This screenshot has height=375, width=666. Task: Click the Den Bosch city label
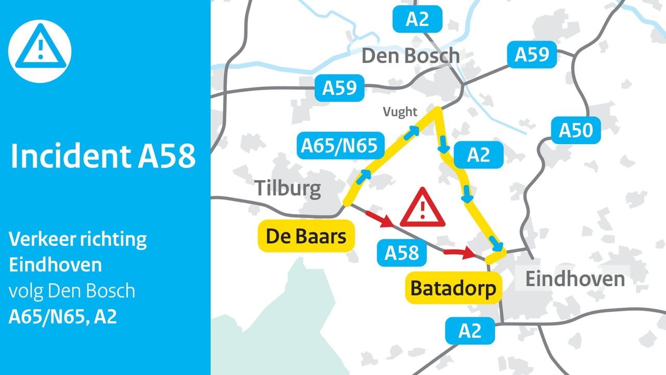pyautogui.click(x=411, y=56)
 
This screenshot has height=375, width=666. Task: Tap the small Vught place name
pyautogui.click(x=400, y=111)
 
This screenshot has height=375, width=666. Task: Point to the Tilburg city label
pyautogui.click(x=288, y=188)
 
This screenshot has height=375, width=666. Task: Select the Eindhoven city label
pyautogui.click(x=574, y=279)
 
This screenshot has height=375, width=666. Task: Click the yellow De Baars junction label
pyautogui.click(x=306, y=237)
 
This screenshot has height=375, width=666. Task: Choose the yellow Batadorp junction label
pyautogui.click(x=453, y=287)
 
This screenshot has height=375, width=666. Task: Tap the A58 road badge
pyautogui.click(x=402, y=253)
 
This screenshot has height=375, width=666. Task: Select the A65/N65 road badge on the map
pyautogui.click(x=339, y=145)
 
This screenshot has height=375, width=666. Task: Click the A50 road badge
pyautogui.click(x=576, y=130)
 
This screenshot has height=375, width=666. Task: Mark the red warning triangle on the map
pyautogui.click(x=422, y=209)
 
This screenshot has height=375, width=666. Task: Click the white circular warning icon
pyautogui.click(x=40, y=52)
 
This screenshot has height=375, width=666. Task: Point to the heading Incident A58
pyautogui.click(x=103, y=156)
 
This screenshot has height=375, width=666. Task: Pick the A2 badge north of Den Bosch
pyautogui.click(x=417, y=19)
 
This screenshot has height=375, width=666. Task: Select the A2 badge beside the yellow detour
pyautogui.click(x=479, y=155)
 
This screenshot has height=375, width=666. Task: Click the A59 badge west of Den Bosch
pyautogui.click(x=340, y=88)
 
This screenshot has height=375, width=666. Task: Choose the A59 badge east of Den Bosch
pyautogui.click(x=532, y=55)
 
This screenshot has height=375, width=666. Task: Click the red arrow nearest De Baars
pyautogui.click(x=379, y=218)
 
